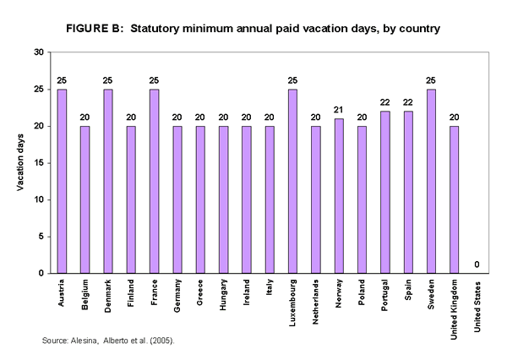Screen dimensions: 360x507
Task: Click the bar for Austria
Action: (62, 181)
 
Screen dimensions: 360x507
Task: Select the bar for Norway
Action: (339, 196)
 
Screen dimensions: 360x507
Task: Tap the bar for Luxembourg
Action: (292, 181)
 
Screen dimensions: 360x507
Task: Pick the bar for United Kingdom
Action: (455, 199)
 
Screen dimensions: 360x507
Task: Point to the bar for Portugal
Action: (385, 192)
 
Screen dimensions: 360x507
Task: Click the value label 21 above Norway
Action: (339, 110)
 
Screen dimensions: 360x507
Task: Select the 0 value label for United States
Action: (477, 265)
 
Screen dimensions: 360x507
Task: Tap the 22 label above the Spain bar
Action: (408, 102)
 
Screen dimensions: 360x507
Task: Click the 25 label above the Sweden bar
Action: (431, 80)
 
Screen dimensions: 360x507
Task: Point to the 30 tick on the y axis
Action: (38, 52)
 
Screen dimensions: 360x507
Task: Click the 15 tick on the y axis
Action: (38, 163)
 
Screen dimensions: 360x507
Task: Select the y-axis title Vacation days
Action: (20, 162)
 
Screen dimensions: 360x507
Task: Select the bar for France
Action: (154, 181)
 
